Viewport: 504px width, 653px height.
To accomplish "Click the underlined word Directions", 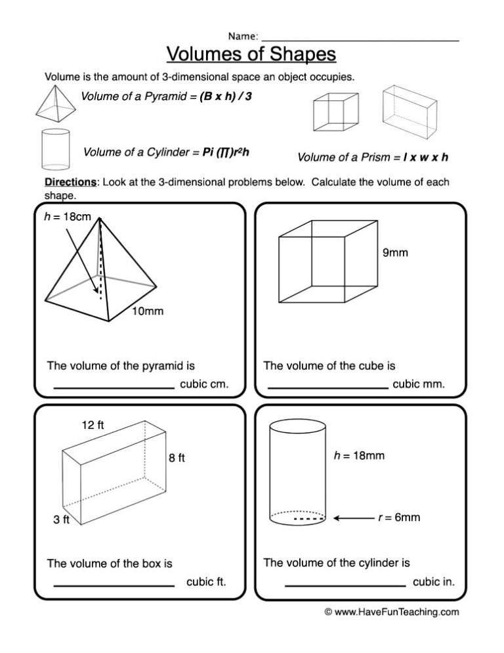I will [x=70, y=182].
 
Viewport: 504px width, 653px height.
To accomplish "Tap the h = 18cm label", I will [x=63, y=217].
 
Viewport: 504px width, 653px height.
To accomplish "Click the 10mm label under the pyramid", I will [x=147, y=311].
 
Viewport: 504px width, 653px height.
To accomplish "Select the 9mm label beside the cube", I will [x=394, y=252].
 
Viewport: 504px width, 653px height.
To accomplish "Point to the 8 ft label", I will [x=177, y=459].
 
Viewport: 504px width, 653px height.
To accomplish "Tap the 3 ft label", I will [x=62, y=520].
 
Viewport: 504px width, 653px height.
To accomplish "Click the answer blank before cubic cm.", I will [x=114, y=388].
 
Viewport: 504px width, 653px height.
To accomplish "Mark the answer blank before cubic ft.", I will [x=114, y=585].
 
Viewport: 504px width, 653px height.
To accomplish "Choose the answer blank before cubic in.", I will [x=345, y=585].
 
